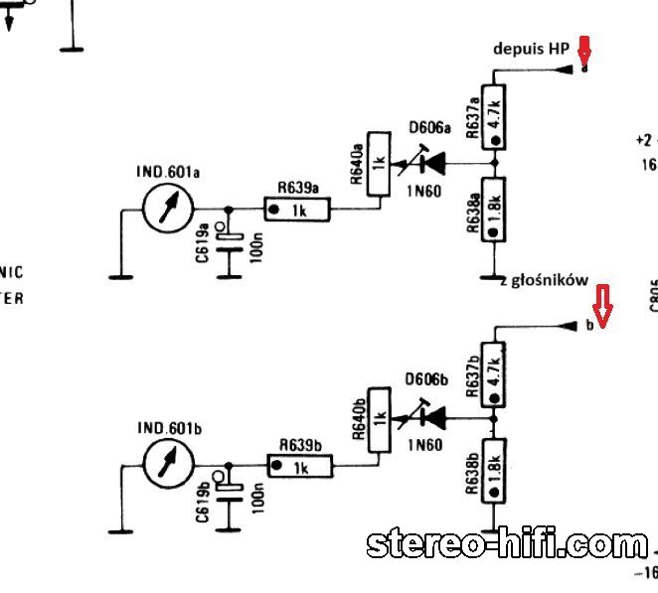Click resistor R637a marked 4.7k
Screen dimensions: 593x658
point(493,116)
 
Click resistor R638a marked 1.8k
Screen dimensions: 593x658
point(493,209)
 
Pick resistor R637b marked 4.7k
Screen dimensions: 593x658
point(494,374)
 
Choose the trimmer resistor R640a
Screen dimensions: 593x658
point(378,164)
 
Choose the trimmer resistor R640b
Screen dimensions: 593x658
point(379,421)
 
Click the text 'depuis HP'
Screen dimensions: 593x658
point(531,49)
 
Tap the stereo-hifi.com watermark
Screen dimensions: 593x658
point(507,543)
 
